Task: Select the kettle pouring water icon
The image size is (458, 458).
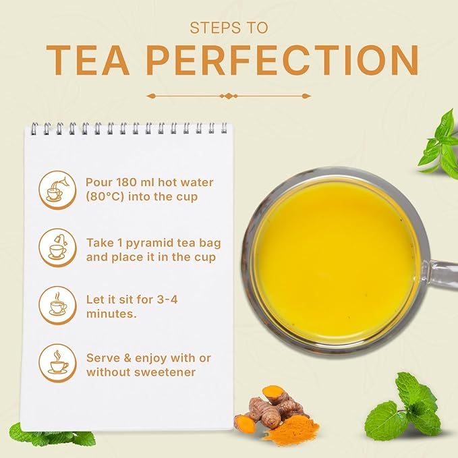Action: (57, 190)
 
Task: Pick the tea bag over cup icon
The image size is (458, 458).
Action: (57, 247)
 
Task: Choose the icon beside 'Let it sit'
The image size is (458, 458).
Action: (57, 304)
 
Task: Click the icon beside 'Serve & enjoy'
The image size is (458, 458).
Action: (57, 362)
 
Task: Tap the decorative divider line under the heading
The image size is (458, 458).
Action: (229, 96)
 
